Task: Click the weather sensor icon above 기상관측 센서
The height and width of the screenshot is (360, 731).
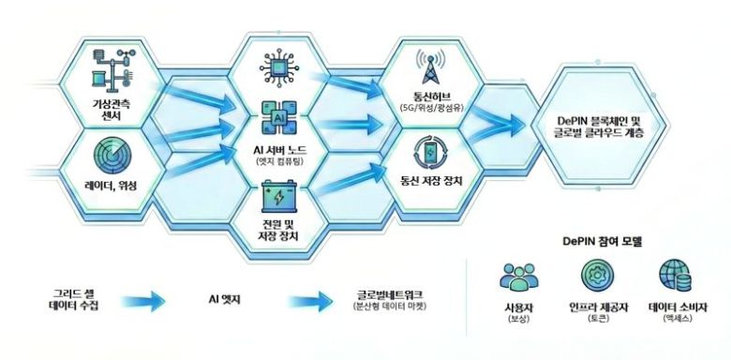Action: [x=114, y=67]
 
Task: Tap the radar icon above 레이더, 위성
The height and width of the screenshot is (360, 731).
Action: [x=114, y=156]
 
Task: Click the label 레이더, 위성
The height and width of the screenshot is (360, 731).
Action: [x=111, y=187]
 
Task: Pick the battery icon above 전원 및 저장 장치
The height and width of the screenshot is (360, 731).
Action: [x=277, y=199]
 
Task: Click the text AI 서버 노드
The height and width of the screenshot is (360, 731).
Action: [x=277, y=151]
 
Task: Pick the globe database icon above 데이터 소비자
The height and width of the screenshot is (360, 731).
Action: [x=677, y=277]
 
